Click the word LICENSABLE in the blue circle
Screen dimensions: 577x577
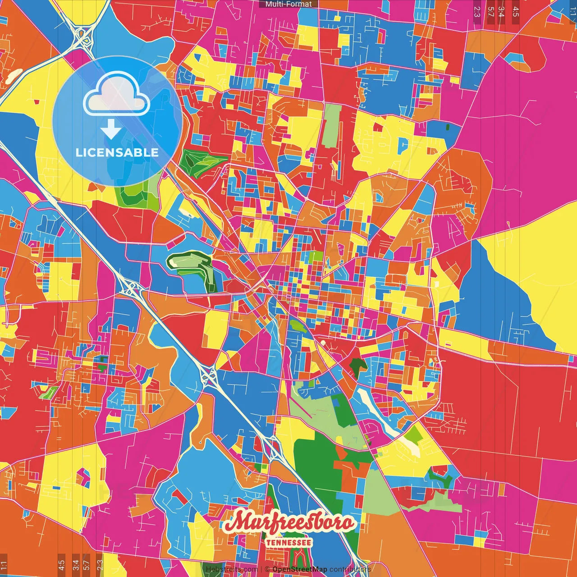[117, 152]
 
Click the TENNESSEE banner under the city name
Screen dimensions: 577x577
[288, 542]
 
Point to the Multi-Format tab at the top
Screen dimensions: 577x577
[288, 4]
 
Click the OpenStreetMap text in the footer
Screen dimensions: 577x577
[299, 569]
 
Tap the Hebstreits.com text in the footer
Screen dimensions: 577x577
[232, 569]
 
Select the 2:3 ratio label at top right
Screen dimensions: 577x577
[477, 11]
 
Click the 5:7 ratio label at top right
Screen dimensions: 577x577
[490, 11]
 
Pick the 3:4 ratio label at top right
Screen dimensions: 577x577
[501, 11]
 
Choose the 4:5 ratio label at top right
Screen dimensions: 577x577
[515, 11]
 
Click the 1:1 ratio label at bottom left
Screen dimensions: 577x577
[4, 565]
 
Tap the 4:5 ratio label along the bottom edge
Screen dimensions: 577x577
[61, 565]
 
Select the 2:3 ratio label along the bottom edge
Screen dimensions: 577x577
[100, 565]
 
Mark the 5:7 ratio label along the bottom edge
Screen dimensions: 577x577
[87, 565]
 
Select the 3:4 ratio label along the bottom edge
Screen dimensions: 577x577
[75, 565]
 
